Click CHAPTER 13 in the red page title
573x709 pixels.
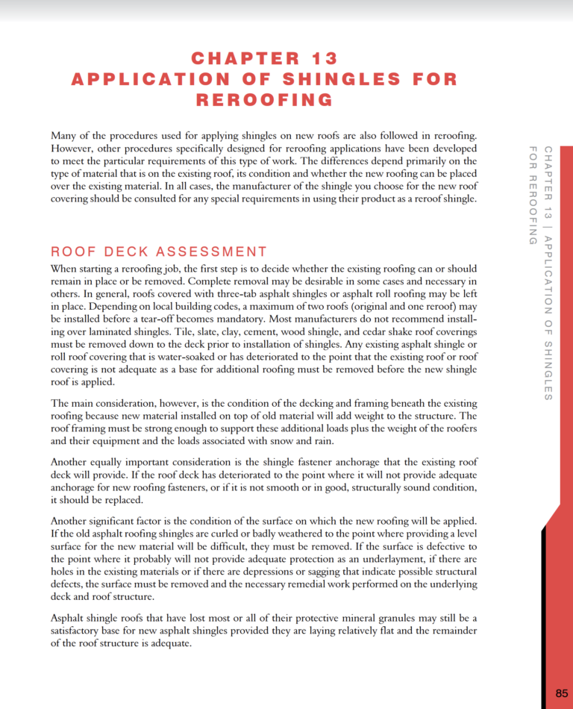264,58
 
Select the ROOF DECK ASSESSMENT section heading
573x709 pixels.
158,252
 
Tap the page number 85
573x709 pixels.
562,693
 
